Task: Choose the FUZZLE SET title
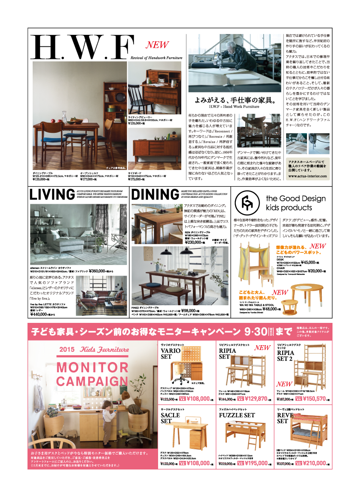pyautogui.click(x=237, y=416)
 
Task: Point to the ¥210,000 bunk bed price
pyautogui.click(x=314, y=463)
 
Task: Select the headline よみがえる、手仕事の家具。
pyautogui.click(x=234, y=100)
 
